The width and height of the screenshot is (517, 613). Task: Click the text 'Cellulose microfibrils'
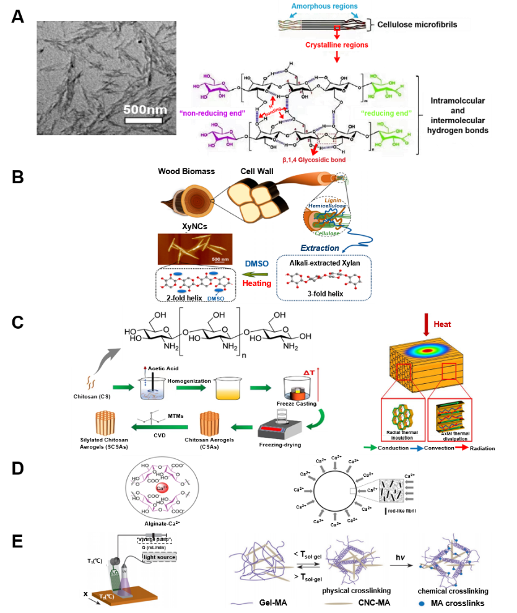[x=422, y=24]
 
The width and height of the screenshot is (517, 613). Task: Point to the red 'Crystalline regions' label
[x=337, y=45]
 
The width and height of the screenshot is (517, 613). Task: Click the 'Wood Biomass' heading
[x=186, y=172]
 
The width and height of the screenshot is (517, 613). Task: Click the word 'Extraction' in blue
[x=319, y=248]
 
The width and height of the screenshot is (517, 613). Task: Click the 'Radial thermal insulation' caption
[x=402, y=435]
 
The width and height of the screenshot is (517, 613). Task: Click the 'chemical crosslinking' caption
[x=457, y=591]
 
